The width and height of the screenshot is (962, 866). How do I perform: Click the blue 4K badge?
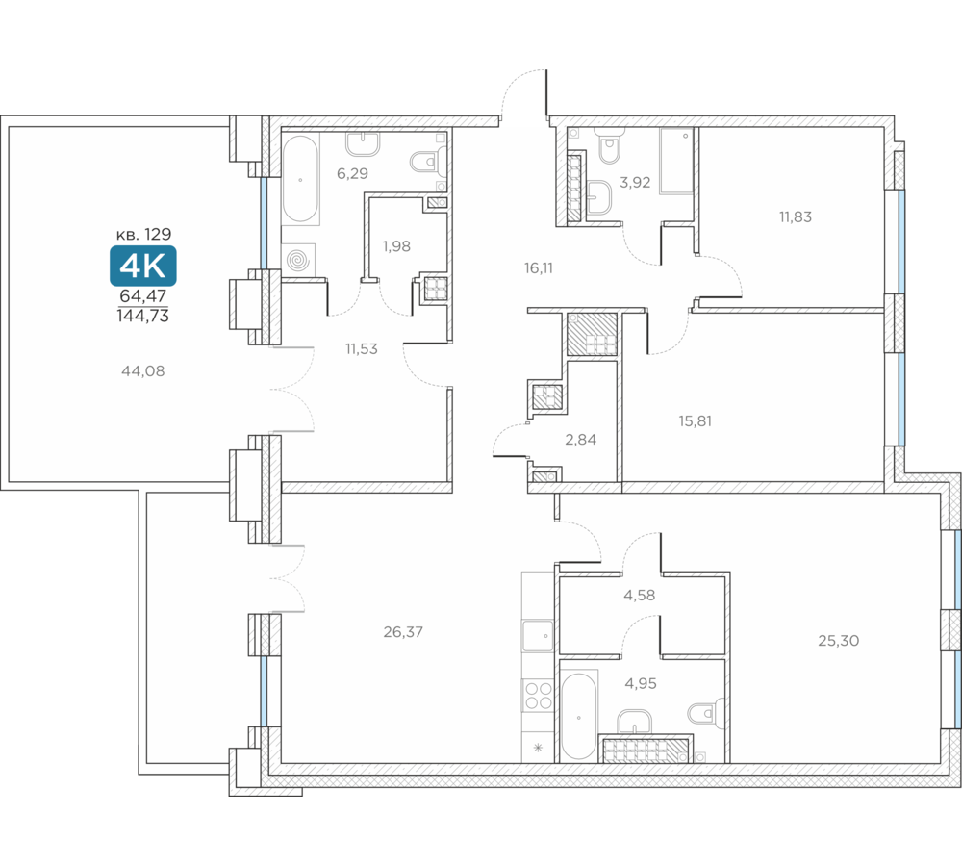point(143,266)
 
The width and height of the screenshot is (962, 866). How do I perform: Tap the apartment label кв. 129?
point(143,234)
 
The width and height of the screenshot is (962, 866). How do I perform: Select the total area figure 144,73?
point(143,316)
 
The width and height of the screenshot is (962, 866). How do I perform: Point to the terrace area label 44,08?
point(143,370)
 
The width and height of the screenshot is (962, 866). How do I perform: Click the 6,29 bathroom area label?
point(352,174)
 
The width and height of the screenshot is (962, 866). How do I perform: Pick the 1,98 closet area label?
point(396,246)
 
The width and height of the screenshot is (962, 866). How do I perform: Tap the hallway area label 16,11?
point(538,267)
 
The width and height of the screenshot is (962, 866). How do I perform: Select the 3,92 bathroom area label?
point(635,182)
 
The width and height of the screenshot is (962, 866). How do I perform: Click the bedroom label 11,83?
point(796,216)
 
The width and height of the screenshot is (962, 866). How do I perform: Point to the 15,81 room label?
point(696,421)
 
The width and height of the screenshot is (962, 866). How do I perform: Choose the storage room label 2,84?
point(580,440)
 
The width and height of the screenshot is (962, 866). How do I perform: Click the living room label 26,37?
point(403,631)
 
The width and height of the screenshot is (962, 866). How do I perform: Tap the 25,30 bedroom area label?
point(838,641)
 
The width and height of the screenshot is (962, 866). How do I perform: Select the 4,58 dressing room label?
point(640,595)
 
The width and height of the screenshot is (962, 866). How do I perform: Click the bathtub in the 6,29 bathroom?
point(300,179)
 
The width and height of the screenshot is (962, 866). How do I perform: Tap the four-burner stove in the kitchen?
point(538,696)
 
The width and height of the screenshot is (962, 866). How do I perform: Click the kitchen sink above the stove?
point(538,635)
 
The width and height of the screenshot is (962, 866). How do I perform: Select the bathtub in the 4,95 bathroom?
point(578,716)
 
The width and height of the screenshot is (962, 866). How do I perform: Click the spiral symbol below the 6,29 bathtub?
point(298,261)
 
